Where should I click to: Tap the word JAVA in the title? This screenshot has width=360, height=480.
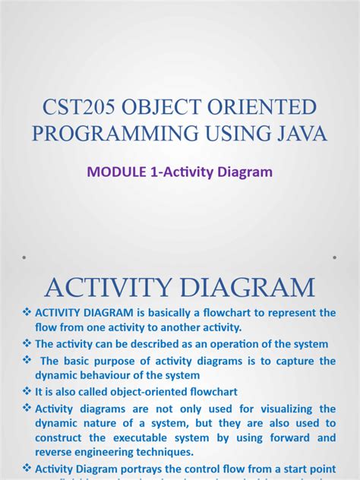pos(298,134)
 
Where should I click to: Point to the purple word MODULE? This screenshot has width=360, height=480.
pos(116,172)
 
